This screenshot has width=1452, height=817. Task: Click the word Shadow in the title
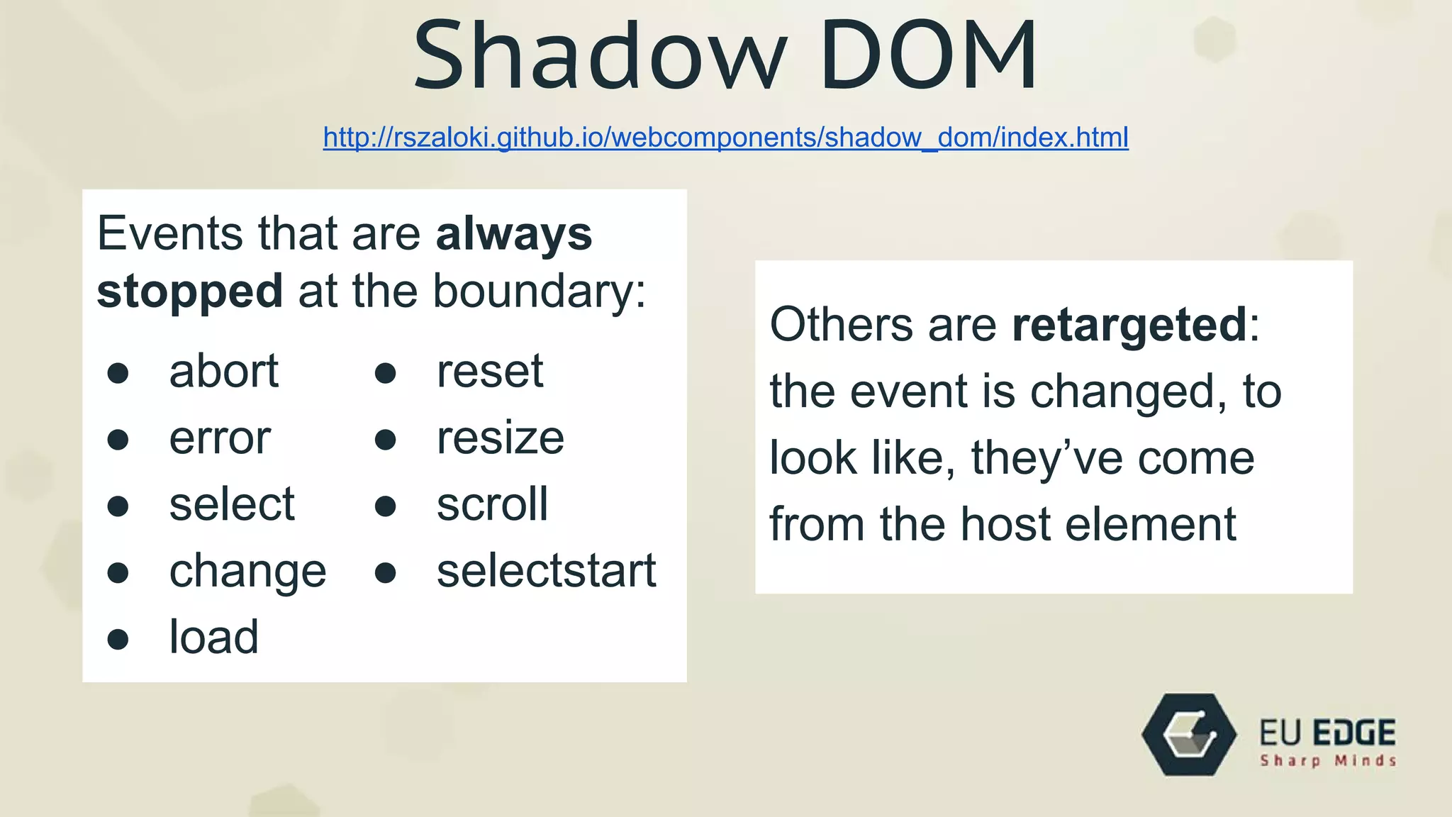tap(599, 57)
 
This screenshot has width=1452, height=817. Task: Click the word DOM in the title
tap(929, 57)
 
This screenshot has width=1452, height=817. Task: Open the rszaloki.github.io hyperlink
tap(725, 137)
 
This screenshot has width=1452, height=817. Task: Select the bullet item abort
tap(224, 371)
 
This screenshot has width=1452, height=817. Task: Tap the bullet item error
tap(220, 438)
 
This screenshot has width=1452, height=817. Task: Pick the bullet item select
tap(232, 504)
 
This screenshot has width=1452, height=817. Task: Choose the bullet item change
tap(247, 572)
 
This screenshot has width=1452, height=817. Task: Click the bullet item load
tap(213, 637)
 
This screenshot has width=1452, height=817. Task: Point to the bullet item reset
tap(490, 371)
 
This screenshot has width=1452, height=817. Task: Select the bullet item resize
tap(501, 438)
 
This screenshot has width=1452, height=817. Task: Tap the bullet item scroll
tap(492, 504)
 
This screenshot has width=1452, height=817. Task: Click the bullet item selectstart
tap(546, 571)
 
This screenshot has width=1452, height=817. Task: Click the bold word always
tap(513, 234)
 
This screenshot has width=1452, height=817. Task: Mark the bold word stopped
tap(189, 291)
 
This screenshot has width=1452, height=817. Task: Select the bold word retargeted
tap(1129, 326)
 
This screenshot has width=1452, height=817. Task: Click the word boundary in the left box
tap(539, 291)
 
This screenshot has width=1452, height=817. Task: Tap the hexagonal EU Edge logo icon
tap(1189, 735)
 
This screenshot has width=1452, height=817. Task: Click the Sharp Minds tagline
tap(1328, 761)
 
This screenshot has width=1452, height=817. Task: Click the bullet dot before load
tap(118, 639)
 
